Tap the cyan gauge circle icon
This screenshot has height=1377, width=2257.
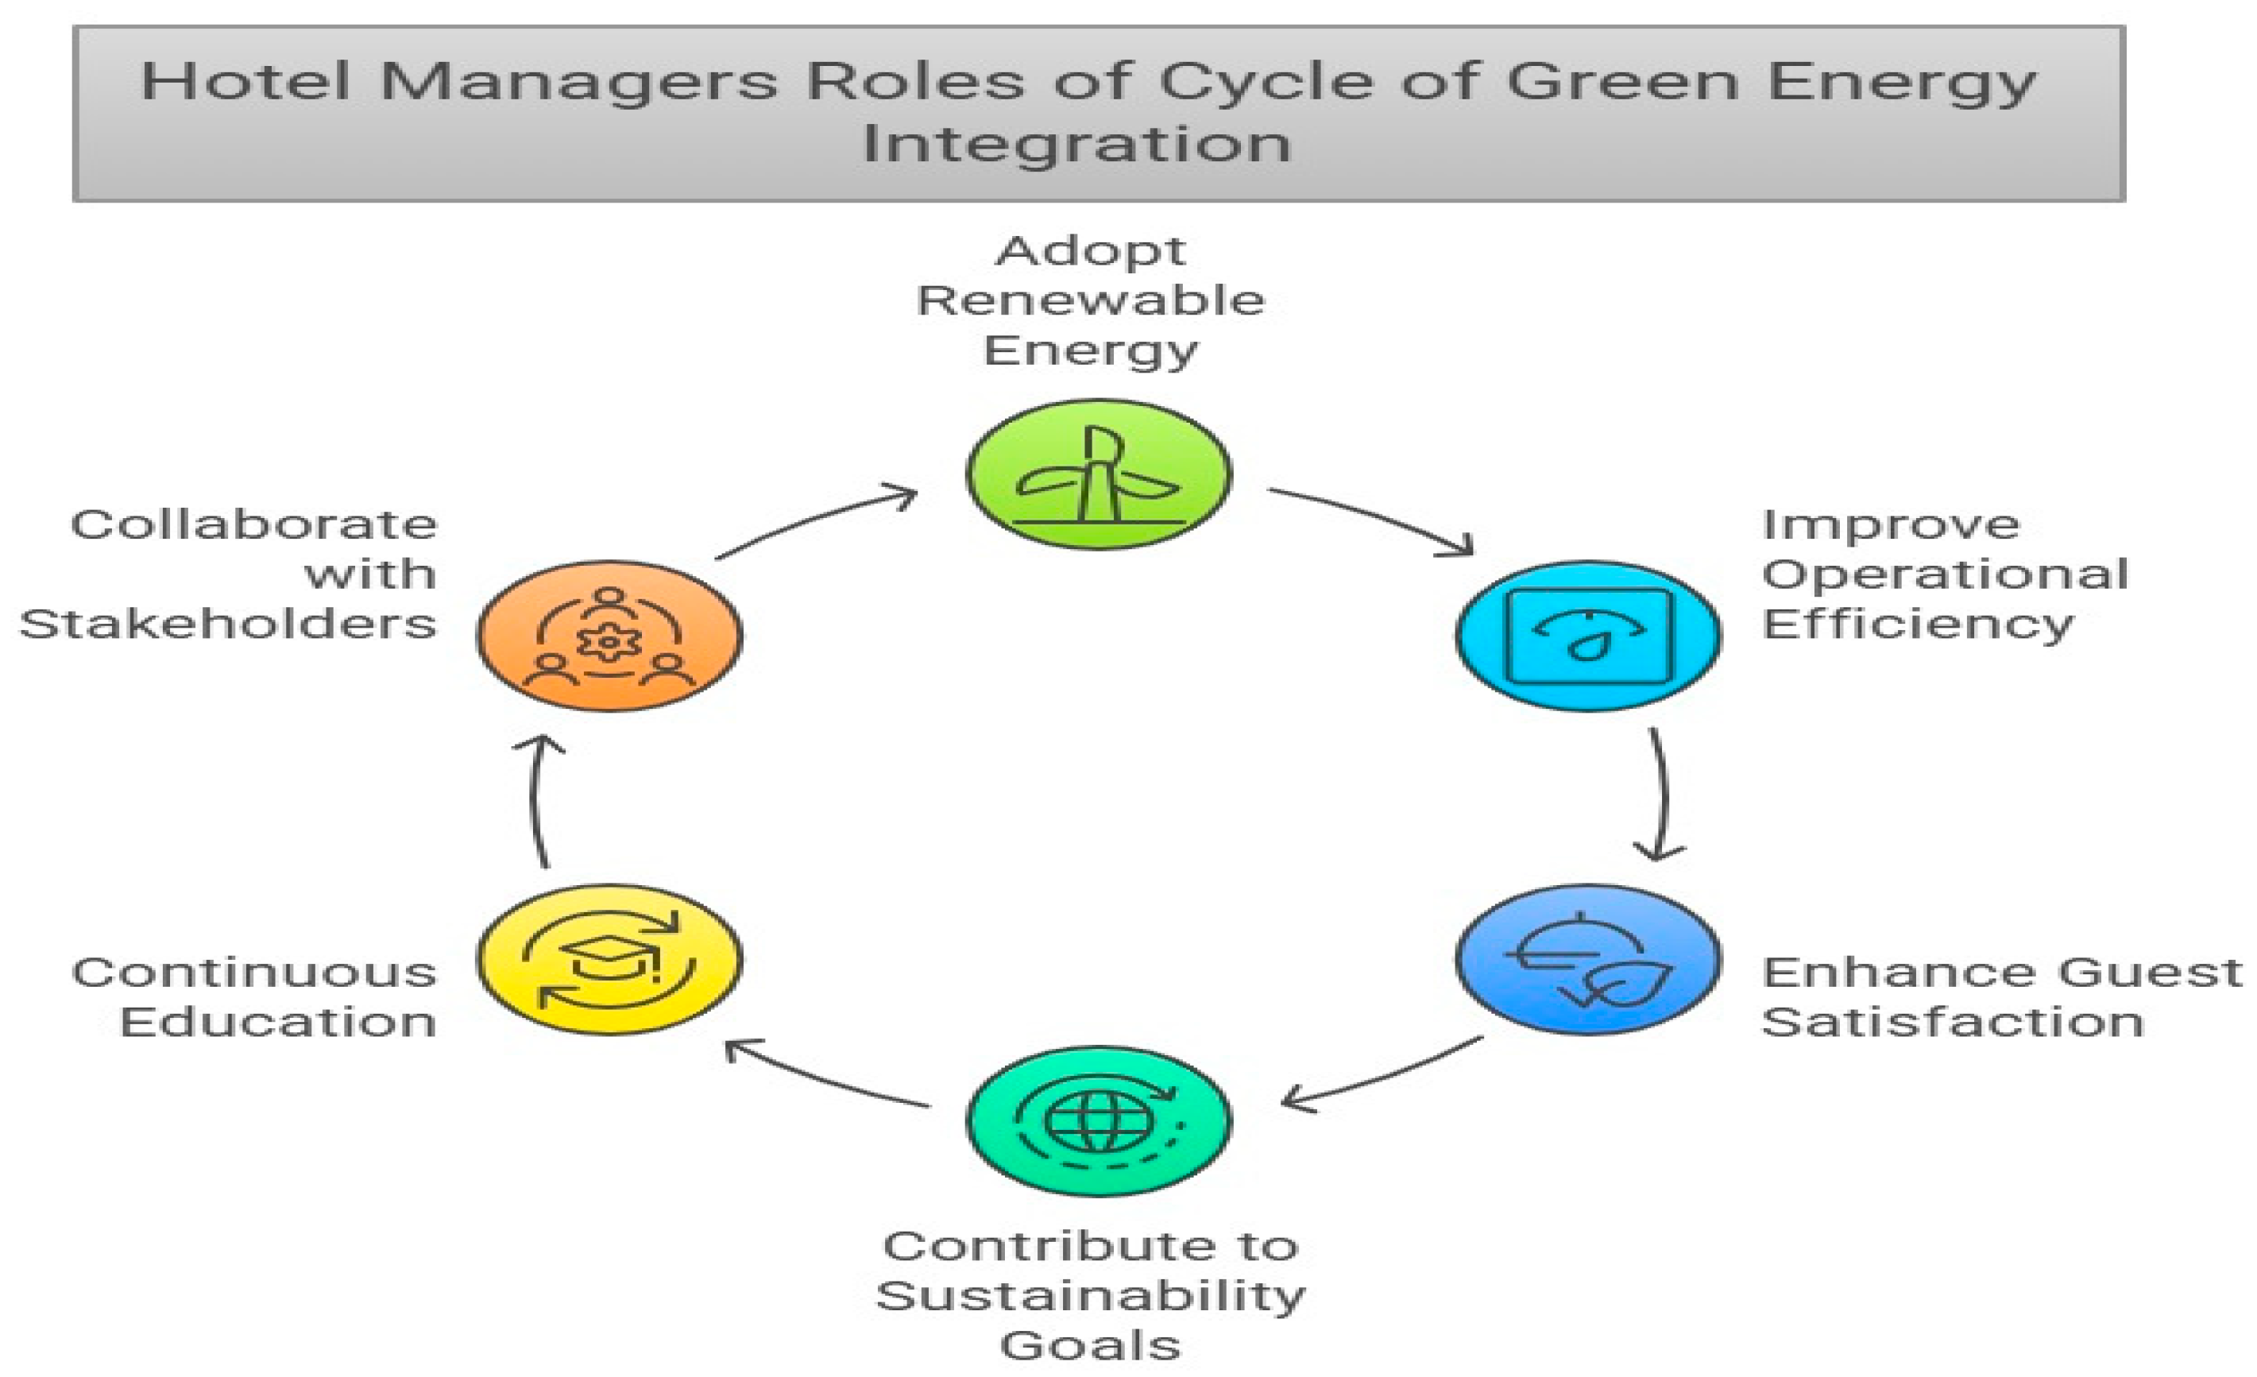tap(1587, 636)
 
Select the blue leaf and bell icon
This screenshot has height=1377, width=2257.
tap(1587, 959)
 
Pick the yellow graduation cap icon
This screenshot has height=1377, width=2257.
tap(609, 959)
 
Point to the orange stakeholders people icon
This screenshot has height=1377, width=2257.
tap(609, 636)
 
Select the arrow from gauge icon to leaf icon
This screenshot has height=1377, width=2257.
tap(1662, 795)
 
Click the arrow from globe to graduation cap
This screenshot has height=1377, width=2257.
tap(825, 1076)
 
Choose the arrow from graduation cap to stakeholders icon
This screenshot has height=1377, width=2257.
tap(538, 799)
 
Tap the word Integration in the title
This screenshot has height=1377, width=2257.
tap(1076, 145)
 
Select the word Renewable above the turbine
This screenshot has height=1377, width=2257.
tap(1090, 300)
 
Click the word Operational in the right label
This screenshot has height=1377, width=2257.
tap(1944, 575)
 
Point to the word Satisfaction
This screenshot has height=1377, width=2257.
tap(1951, 1023)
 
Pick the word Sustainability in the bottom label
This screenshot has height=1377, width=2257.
tap(1090, 1297)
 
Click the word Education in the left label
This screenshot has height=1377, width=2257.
tap(277, 1023)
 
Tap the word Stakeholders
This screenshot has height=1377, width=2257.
tap(227, 625)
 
